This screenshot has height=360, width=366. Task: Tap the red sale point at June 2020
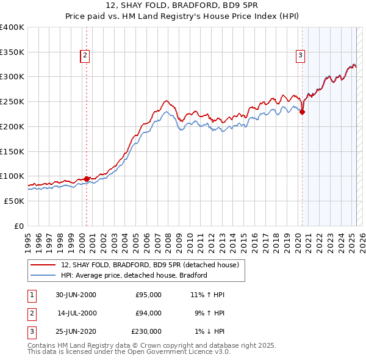point(303,112)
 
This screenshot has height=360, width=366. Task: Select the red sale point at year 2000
point(87,179)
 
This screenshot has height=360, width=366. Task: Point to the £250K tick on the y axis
point(13,101)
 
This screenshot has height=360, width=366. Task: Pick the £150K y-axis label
point(13,151)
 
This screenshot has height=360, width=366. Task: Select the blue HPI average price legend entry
point(134,275)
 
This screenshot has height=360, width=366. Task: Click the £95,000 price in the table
point(148,295)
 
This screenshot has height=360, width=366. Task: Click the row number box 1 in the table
point(30,295)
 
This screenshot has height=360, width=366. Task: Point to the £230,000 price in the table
point(146,333)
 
